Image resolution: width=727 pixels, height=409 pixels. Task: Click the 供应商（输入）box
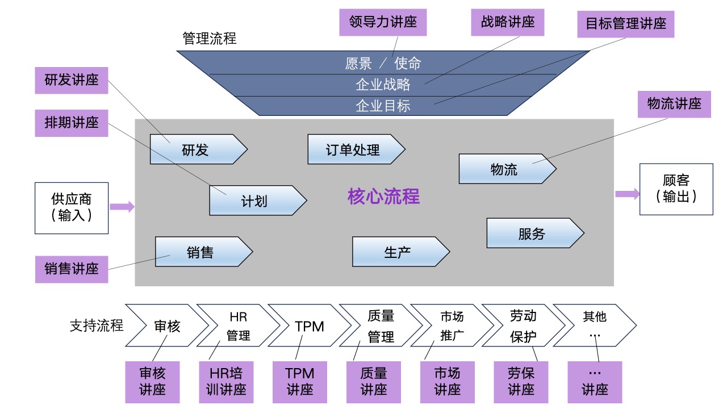coord(72,208)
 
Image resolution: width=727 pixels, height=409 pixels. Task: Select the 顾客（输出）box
coord(676,189)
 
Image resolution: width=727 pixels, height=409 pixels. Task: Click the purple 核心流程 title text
coord(383,197)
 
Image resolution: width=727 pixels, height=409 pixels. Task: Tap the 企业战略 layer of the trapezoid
coord(383,85)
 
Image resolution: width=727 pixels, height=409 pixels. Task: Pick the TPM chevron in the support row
coord(310,326)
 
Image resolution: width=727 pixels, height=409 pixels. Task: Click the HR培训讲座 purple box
coord(227,382)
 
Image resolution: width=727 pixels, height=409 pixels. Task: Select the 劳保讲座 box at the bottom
coord(521,382)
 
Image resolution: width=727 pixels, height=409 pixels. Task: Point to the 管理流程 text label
coord(209,39)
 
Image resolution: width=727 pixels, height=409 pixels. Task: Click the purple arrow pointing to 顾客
coord(627,194)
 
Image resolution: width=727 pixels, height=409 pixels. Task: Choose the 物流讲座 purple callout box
coord(674,104)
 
